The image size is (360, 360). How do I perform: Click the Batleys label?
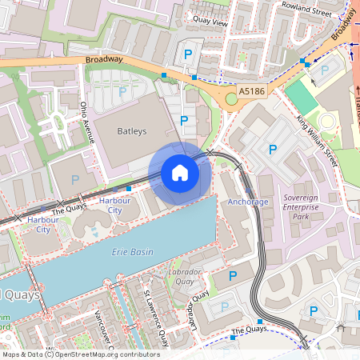tap(133, 130)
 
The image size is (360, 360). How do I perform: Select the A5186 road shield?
tap(251, 92)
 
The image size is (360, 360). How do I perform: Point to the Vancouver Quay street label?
tap(100, 330)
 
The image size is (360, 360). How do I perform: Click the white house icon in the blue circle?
tap(180, 173)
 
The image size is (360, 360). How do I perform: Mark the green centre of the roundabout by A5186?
tap(232, 98)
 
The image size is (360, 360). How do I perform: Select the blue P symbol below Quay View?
tap(188, 54)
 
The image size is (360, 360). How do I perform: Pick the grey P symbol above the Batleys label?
tap(122, 93)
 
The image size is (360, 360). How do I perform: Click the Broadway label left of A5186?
tap(105, 59)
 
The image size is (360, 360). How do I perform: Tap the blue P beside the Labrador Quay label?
tap(234, 276)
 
